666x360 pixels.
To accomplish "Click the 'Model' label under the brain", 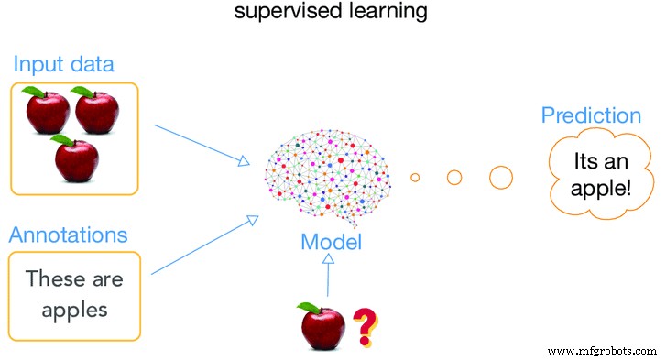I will pos(331,243).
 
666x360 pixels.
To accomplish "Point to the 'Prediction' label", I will pos(591,115).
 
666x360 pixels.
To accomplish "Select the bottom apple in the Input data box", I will pos(76,158).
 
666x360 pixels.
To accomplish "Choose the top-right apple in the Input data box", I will pos(96,111).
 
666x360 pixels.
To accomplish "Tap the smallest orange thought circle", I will pos(415,177).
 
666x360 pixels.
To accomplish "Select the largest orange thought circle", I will pos(500,176).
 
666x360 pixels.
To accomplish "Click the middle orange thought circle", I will pos(453,177).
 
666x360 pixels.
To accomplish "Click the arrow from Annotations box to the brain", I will pos(200,245).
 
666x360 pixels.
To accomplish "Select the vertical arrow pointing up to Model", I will pos(328,279).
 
